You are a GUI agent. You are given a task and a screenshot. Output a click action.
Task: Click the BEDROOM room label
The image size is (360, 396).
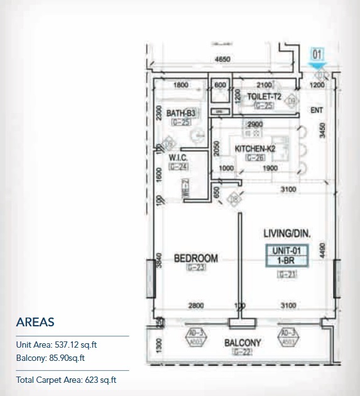(195, 258)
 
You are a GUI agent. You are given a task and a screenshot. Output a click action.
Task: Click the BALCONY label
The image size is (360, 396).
(243, 343)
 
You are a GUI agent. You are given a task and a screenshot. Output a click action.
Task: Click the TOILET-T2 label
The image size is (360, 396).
(264, 97)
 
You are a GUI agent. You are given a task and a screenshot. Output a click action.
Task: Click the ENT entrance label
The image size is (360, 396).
(317, 110)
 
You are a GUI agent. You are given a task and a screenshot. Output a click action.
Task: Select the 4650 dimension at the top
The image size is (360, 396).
(222, 60)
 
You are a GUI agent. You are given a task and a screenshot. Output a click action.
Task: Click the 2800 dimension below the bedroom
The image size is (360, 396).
(195, 306)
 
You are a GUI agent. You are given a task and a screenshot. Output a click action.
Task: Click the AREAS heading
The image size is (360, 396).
(35, 322)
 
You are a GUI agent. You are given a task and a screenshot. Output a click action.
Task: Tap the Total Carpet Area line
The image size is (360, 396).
(67, 380)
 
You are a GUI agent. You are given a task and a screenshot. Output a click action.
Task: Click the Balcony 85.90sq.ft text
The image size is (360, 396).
(50, 358)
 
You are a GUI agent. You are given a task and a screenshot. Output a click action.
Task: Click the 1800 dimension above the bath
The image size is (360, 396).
(181, 85)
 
